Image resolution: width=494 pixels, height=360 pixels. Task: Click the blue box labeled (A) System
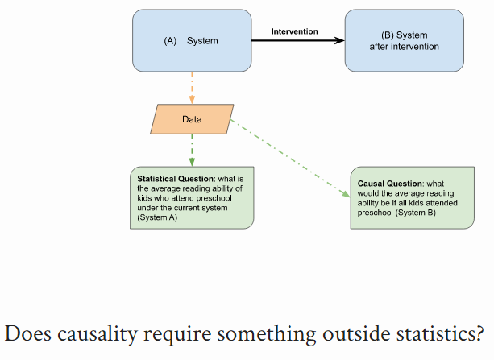(x=191, y=40)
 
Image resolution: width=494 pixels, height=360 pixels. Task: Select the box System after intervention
(x=404, y=40)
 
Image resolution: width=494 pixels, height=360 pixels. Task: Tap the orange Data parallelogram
(x=192, y=119)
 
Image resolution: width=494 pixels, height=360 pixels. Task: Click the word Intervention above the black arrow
(x=294, y=31)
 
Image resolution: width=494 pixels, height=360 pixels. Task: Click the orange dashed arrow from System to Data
(x=192, y=86)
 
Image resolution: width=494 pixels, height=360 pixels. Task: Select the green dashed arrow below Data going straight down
(x=192, y=150)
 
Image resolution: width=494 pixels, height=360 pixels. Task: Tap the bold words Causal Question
(x=387, y=184)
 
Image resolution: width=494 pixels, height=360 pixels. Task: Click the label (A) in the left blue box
(x=170, y=41)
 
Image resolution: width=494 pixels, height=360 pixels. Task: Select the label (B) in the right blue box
(x=388, y=35)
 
